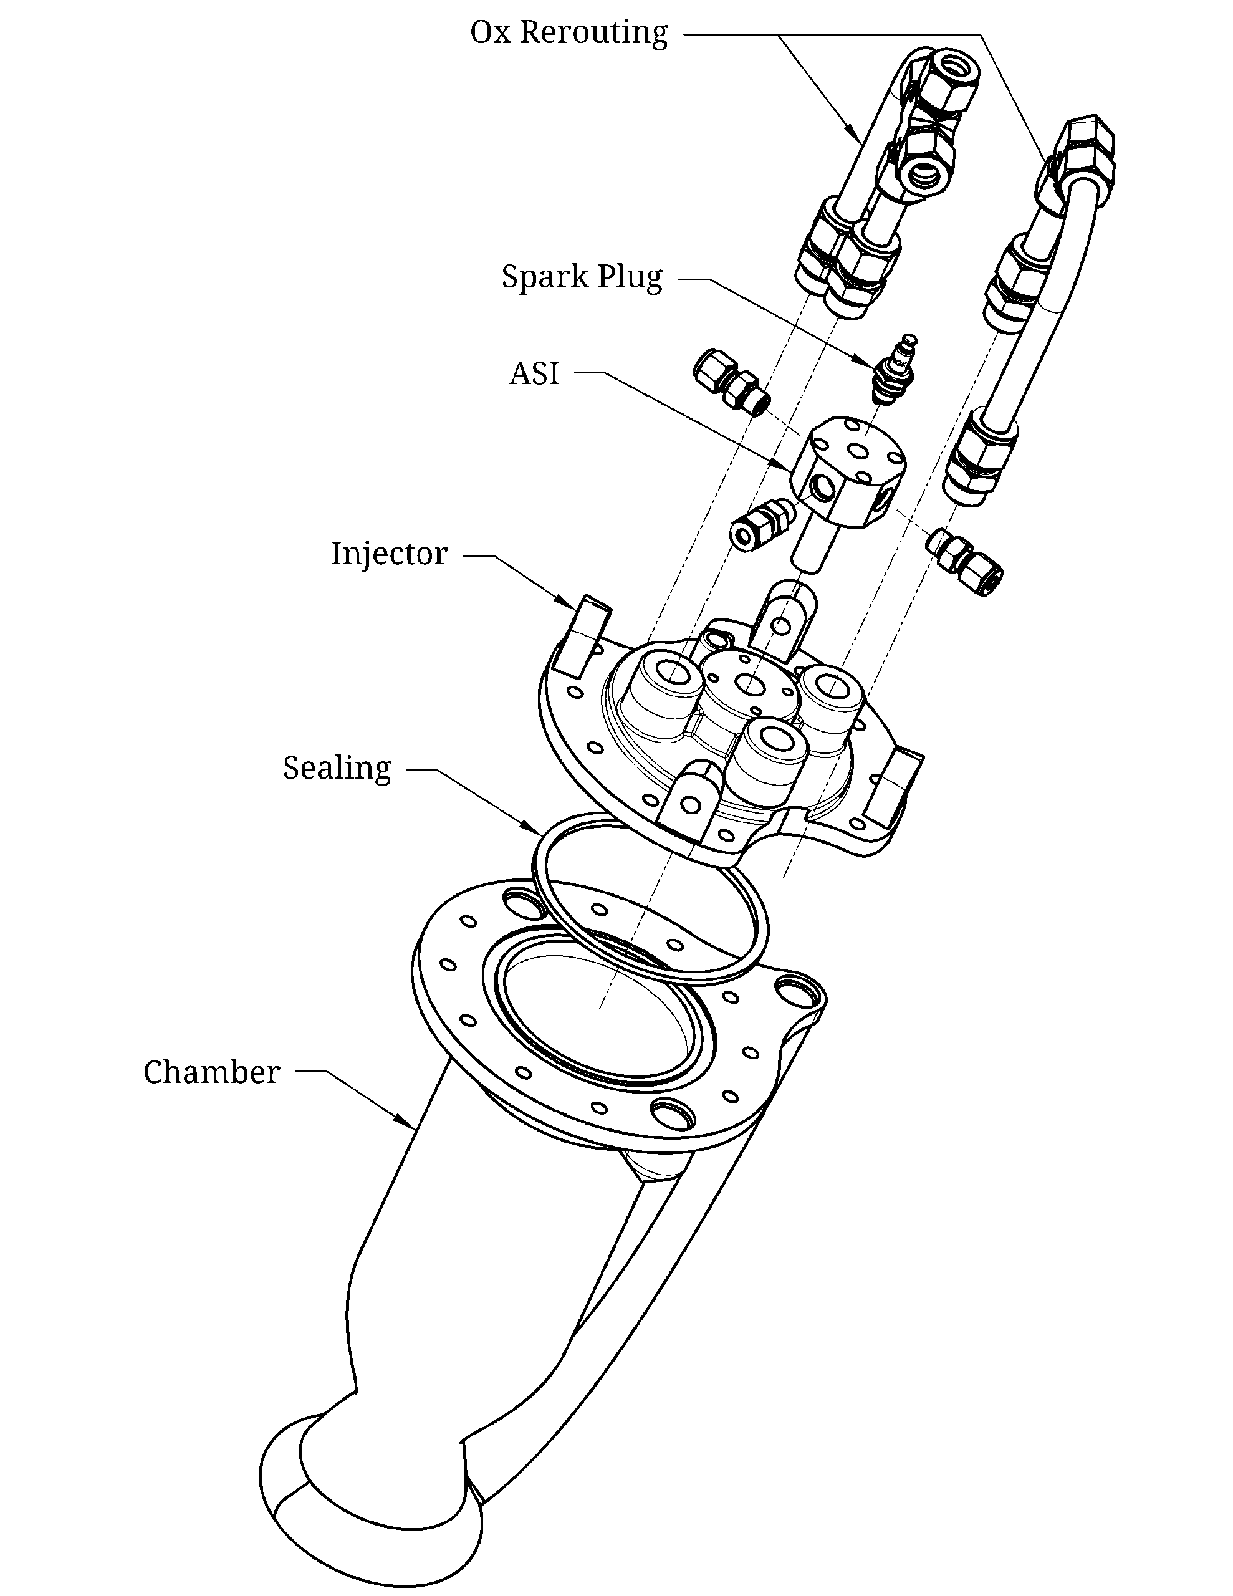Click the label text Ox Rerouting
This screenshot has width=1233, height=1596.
[x=569, y=34]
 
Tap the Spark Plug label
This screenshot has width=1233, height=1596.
[x=582, y=277]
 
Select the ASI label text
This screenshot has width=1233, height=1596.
[x=534, y=373]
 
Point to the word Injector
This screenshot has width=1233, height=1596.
[x=389, y=553]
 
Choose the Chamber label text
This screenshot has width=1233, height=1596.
[x=212, y=1073]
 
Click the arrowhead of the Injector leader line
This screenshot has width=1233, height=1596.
[x=568, y=603]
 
